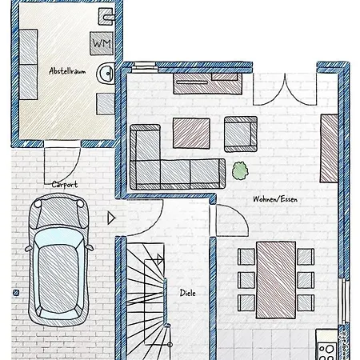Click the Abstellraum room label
[67, 71]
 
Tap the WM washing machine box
[102, 43]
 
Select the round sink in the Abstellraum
[106, 73]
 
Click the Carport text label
[65, 184]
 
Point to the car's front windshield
[58, 238]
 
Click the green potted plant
[240, 170]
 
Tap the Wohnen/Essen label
[275, 199]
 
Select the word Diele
[188, 293]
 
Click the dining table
[276, 280]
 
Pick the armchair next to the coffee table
[241, 134]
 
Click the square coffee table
[191, 133]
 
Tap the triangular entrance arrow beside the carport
[111, 218]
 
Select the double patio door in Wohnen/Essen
[285, 90]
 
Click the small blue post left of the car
[16, 293]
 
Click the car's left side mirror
[28, 249]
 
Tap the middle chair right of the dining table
[306, 280]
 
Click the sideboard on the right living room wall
[330, 149]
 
